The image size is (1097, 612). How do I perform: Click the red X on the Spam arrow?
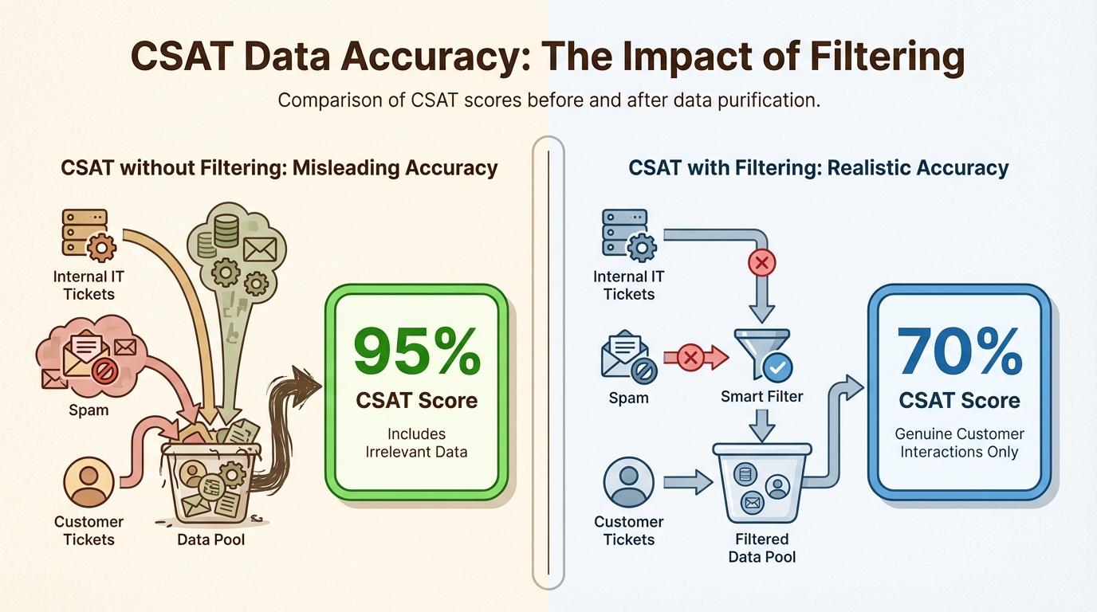690,359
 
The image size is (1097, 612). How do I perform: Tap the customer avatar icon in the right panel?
629,481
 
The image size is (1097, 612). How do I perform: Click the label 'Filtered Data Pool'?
762,547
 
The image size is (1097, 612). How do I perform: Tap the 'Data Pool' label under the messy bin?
211,539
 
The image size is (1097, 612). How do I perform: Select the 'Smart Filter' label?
762,396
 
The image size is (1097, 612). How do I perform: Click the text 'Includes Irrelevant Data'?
416,442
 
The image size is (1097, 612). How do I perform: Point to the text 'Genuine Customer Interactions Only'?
959,442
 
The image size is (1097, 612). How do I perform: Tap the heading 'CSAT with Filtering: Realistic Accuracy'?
819,168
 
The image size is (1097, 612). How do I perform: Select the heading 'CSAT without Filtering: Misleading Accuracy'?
279,168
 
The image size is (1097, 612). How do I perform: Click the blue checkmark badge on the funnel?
777,367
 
